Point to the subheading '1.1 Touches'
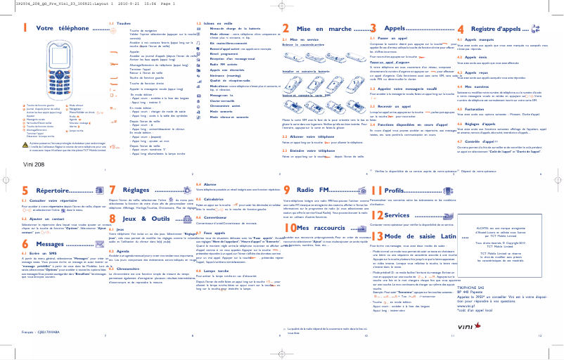pyautogui.click(x=117, y=22)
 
